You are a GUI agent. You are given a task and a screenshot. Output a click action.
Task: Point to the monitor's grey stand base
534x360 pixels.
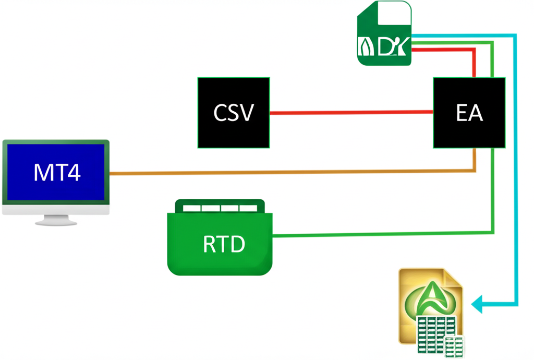click(x=56, y=222)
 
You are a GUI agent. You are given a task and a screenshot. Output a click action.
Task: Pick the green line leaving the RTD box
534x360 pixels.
click(x=381, y=234)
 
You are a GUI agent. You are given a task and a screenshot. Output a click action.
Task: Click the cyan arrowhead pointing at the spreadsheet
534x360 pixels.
click(x=477, y=304)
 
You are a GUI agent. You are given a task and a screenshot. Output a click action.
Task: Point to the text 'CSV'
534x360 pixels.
click(x=234, y=113)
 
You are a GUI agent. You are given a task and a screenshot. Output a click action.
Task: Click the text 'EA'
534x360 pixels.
click(x=469, y=113)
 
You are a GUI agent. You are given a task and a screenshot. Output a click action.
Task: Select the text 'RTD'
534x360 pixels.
click(x=223, y=244)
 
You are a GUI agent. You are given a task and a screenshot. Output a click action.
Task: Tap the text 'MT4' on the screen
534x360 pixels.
click(x=57, y=173)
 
